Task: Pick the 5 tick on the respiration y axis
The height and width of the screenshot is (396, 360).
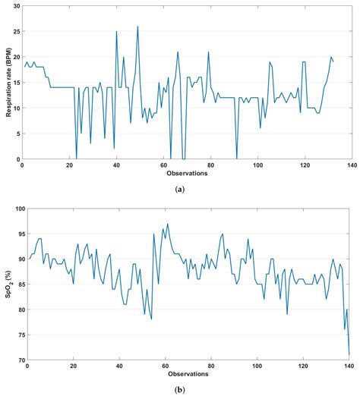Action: pos(17,134)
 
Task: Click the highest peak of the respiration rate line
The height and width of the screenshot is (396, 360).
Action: pos(137,27)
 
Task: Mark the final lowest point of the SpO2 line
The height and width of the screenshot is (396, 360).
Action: pos(349,354)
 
